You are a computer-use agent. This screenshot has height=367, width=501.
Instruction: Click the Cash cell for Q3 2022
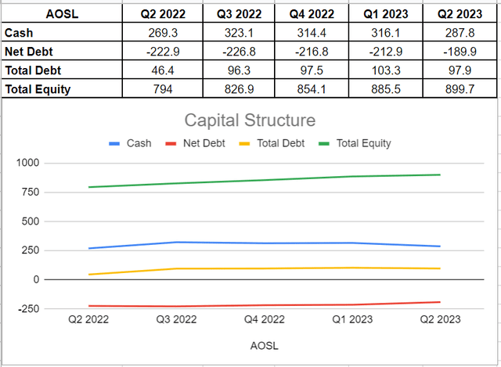pyautogui.click(x=234, y=33)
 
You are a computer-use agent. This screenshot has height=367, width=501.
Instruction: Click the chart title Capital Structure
pyautogui.click(x=250, y=121)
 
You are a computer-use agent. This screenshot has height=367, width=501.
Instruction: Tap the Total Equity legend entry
pyautogui.click(x=362, y=143)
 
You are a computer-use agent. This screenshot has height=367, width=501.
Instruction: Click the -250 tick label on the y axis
pyautogui.click(x=30, y=308)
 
